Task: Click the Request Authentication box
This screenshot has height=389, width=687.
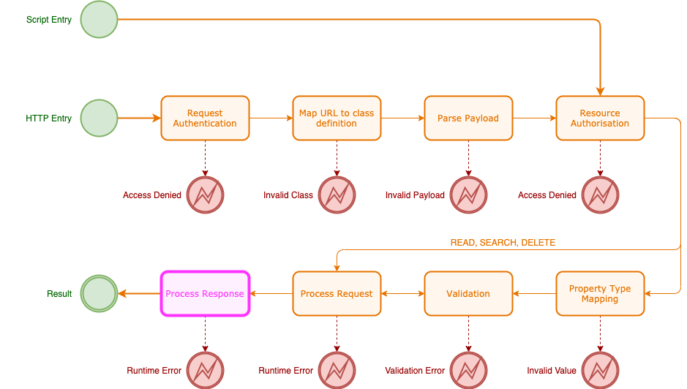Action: coord(205,118)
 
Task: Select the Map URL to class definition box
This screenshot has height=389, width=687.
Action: coord(337,118)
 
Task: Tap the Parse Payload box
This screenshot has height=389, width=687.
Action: coord(468,118)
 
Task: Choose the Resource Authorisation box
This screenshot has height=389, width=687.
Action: coord(600,118)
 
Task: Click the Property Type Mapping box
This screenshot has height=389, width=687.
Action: coord(600,293)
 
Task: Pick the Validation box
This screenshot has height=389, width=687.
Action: coord(468,293)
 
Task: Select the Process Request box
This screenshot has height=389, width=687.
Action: coord(337,293)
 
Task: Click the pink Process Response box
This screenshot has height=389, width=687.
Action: coord(205,293)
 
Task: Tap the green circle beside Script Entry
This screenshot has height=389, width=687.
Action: coord(99,20)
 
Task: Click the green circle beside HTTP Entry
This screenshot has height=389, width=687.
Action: coord(99,118)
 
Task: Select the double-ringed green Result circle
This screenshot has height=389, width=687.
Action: coord(99,293)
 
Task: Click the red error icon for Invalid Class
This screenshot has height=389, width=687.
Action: coord(337,195)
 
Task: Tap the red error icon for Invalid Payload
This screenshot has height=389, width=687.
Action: coord(468,195)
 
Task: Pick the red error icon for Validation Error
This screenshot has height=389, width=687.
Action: coord(468,371)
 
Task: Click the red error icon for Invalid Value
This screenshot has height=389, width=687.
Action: coord(600,371)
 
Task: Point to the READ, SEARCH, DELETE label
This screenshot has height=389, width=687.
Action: coord(502,243)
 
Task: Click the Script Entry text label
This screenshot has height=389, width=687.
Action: coord(49,20)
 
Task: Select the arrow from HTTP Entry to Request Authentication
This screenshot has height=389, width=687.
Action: coord(139,118)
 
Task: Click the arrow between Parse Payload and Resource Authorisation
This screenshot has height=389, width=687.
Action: coord(534,118)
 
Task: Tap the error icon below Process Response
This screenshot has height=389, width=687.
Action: coord(205,371)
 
